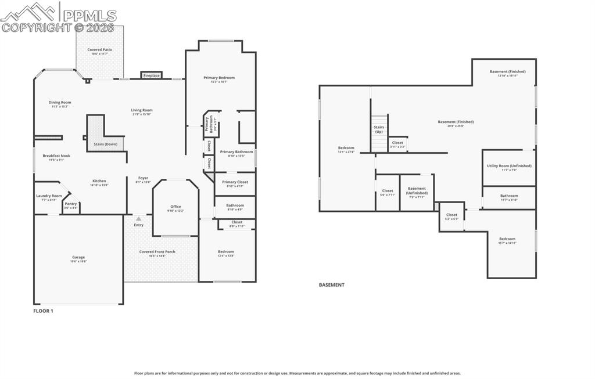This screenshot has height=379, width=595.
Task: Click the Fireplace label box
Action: pyautogui.click(x=152, y=75)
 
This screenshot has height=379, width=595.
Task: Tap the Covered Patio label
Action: pyautogui.click(x=100, y=50)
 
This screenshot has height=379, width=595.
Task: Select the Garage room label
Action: pyautogui.click(x=78, y=257)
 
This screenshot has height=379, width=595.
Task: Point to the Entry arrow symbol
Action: pyautogui.click(x=138, y=219)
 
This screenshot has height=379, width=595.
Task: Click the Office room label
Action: pyautogui.click(x=175, y=207)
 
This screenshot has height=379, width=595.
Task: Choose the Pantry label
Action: pyautogui.click(x=71, y=204)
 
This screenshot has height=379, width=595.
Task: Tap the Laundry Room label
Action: pyautogui.click(x=49, y=196)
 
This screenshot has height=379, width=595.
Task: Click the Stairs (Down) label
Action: pyautogui.click(x=105, y=144)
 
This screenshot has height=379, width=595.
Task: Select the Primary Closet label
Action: pyautogui.click(x=235, y=182)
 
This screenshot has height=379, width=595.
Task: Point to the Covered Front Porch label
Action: pyautogui.click(x=157, y=252)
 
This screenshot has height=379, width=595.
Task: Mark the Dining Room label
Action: pyautogui.click(x=60, y=103)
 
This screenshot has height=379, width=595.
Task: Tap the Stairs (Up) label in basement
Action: pyautogui.click(x=379, y=129)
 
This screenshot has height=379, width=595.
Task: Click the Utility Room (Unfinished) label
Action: pyautogui.click(x=509, y=166)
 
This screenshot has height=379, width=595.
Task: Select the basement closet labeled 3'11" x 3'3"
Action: pyautogui.click(x=397, y=143)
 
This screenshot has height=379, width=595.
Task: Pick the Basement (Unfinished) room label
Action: pyautogui.click(x=417, y=190)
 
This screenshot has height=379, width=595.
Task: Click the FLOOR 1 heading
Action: pyautogui.click(x=43, y=311)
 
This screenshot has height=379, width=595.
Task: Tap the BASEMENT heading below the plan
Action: pyautogui.click(x=331, y=285)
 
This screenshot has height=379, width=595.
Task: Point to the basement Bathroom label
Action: pyautogui.click(x=509, y=196)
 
